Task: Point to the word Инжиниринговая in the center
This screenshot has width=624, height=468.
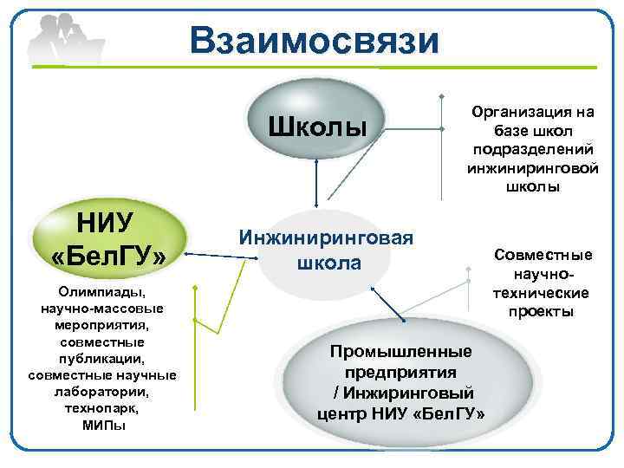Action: [x=326, y=237]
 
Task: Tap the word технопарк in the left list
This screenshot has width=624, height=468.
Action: [x=101, y=407]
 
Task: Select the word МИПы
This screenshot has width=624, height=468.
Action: [x=103, y=424]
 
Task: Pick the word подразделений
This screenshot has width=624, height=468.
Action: [x=532, y=149]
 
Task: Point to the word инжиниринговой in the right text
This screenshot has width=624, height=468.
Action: [x=532, y=167]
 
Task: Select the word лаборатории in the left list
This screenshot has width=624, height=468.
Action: [x=102, y=392]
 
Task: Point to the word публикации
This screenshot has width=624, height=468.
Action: [x=101, y=359]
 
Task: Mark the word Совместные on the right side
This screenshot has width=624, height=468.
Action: [x=543, y=255]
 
